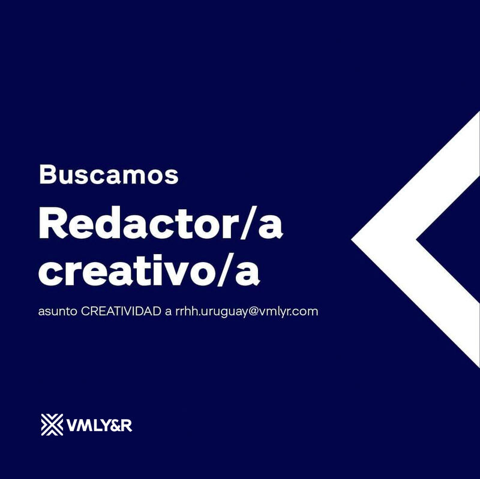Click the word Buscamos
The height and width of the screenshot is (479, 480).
109,174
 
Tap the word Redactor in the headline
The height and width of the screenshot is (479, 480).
139,223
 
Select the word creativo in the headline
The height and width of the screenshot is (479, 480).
127,270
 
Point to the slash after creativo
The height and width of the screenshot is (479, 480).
226,270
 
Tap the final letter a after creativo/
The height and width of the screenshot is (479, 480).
247,274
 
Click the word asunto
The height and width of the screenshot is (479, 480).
58,312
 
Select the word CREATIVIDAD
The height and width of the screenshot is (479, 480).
121,311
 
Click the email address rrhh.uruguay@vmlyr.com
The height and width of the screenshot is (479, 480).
247,312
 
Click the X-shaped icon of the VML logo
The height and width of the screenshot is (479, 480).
52,424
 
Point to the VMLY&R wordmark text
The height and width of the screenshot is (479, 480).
99,425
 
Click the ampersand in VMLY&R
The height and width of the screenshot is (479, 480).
115,425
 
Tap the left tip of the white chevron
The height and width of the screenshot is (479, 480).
352,240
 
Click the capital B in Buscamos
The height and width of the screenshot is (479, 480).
47,175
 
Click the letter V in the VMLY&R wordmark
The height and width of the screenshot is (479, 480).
72,425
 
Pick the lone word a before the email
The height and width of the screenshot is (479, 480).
168,312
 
